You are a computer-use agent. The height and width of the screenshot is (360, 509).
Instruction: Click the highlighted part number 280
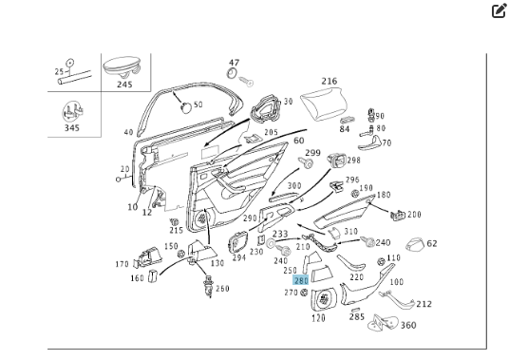point(301,281)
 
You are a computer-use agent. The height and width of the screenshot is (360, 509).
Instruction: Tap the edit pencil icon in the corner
point(499,11)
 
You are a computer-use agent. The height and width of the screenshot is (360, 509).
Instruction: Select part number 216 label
point(330,82)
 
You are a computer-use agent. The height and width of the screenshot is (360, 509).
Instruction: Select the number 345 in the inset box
point(72,126)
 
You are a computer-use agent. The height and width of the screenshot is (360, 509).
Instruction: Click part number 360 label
point(407,325)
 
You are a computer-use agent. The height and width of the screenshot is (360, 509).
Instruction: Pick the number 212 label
point(424,304)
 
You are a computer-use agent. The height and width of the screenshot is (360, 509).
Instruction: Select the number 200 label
point(414,215)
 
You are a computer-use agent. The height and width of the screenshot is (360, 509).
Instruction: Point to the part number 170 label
point(122,264)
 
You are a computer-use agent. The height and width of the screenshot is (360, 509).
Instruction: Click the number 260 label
point(221,289)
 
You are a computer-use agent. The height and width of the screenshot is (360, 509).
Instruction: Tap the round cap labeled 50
point(186,104)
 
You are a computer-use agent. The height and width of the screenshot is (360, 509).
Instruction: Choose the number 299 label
point(311,152)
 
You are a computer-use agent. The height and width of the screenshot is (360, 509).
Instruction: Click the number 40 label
point(128,132)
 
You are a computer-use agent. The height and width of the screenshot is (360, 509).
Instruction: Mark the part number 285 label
point(356,316)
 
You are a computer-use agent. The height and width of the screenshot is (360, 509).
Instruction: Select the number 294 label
point(239,256)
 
